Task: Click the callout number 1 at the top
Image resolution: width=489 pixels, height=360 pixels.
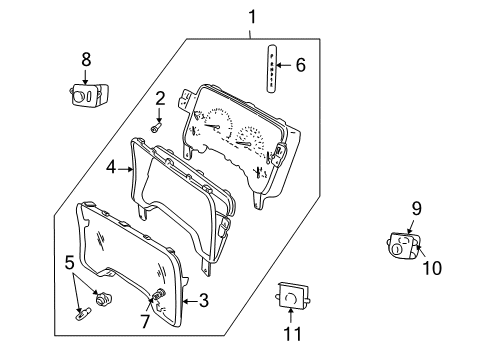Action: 252,17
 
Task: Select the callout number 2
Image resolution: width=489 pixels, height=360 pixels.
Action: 158,98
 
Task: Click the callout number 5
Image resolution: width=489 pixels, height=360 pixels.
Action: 68,263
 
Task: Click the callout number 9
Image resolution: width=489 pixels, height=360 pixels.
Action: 416,209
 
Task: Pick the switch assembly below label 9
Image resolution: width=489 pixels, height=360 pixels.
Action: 404,245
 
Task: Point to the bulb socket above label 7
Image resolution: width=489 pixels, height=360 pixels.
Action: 157,295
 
